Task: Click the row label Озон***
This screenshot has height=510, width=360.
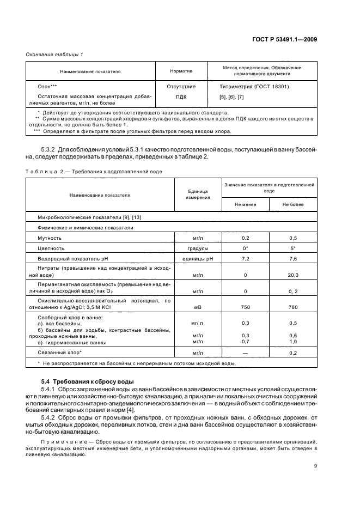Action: pos(47,87)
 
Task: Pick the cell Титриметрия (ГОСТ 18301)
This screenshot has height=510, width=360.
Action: pos(254,87)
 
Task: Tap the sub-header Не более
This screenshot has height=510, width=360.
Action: pos(292,204)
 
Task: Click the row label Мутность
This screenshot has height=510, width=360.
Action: pos(49,238)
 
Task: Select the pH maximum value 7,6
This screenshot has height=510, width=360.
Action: pos(292,258)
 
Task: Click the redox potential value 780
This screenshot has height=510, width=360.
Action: pos(292,307)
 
